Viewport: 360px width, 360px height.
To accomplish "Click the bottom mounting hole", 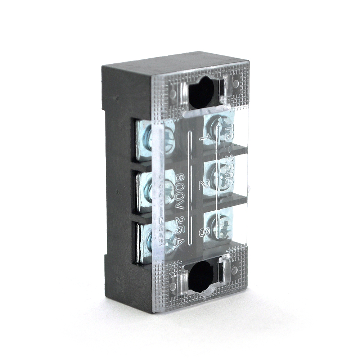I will coord(201,276).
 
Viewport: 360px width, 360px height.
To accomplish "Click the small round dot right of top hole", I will coord(236,84).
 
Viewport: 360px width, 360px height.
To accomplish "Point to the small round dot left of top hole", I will coord(173,94).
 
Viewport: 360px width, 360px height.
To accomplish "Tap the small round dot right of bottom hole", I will coord(234,270).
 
